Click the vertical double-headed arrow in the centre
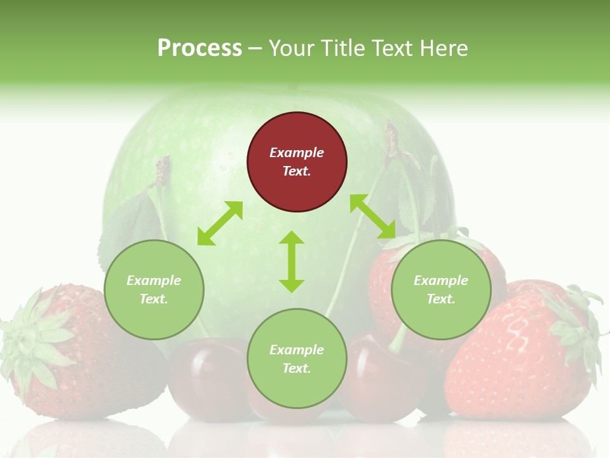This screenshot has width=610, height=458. (x=292, y=261)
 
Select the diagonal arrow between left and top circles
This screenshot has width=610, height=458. (x=220, y=223)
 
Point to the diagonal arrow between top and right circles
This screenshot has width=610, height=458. (x=372, y=217)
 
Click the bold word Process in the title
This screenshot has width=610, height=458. (x=200, y=48)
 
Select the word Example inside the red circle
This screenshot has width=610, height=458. (x=297, y=153)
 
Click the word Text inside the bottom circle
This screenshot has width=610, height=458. (x=297, y=368)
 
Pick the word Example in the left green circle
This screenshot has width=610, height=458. (x=154, y=281)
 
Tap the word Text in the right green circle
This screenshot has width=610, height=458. (x=441, y=299)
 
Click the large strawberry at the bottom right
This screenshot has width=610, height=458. (x=515, y=363)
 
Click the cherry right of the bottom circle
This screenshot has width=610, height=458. (x=375, y=382)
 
